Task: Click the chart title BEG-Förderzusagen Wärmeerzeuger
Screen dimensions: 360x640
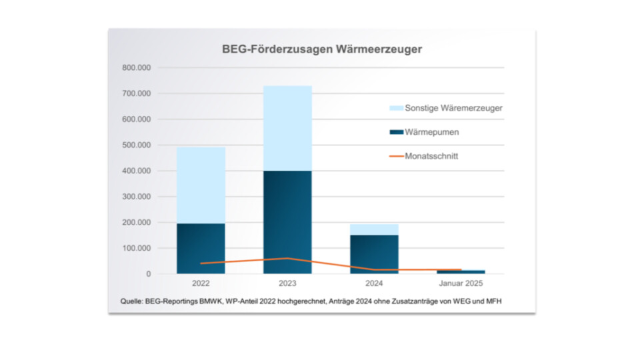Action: point(322,49)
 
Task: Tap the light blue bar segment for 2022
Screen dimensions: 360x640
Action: point(201,185)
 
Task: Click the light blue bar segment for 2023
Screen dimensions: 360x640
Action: point(287,128)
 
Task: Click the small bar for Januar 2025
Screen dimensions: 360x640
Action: point(461,271)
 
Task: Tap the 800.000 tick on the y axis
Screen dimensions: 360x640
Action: point(137,68)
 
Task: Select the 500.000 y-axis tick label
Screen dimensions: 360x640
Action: point(137,145)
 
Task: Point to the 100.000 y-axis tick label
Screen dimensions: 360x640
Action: point(137,248)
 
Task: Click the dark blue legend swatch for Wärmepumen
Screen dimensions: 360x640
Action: point(397,132)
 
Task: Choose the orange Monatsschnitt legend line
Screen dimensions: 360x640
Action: point(397,156)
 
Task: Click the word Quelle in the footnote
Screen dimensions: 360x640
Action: point(131,301)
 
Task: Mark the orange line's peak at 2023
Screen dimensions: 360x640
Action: point(287,258)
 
